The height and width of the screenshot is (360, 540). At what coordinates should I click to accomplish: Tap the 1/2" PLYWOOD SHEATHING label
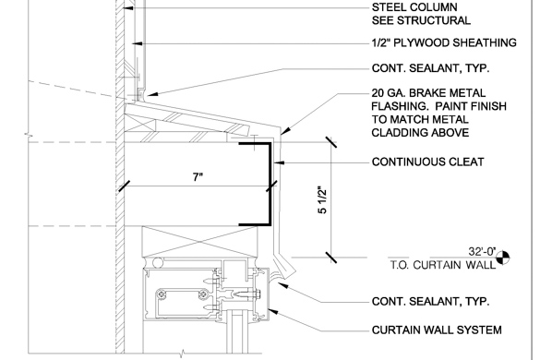(444, 42)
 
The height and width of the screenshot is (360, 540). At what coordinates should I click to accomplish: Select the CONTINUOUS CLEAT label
(427, 162)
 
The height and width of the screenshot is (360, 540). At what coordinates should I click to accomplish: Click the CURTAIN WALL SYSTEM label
(437, 330)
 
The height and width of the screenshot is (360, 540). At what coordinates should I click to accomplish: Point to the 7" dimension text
(198, 177)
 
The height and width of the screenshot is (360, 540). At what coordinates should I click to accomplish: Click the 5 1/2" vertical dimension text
(322, 200)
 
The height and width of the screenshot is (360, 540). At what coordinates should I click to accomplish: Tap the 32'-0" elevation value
(482, 252)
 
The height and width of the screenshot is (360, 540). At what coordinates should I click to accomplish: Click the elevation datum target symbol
(502, 258)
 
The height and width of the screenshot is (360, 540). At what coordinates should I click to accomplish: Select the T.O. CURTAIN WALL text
(443, 265)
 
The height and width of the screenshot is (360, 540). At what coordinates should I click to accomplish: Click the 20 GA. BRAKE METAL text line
(428, 93)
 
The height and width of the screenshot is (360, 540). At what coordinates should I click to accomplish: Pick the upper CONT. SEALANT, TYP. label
(430, 68)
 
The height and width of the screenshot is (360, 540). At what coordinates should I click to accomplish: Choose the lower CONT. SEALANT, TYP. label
(430, 302)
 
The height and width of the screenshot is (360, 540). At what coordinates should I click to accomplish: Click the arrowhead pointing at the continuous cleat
(279, 162)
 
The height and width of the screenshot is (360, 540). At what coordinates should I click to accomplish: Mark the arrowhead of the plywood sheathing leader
(138, 43)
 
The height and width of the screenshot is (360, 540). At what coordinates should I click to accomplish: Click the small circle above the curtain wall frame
(158, 263)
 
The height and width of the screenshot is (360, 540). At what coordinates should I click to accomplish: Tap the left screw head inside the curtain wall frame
(162, 294)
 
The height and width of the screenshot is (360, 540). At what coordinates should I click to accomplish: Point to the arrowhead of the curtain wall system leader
(272, 311)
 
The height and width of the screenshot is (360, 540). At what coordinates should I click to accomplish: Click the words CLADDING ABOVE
(420, 133)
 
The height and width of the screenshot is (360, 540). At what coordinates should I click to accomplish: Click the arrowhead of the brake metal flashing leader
(285, 131)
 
